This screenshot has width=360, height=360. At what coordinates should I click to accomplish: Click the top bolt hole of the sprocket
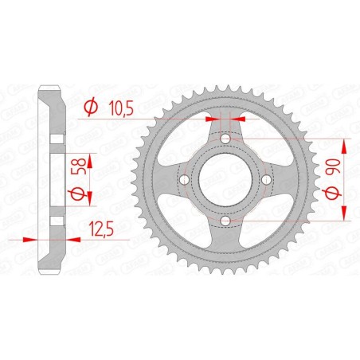pyautogui.click(x=225, y=139)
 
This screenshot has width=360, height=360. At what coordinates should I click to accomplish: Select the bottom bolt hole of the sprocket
pyautogui.click(x=225, y=219)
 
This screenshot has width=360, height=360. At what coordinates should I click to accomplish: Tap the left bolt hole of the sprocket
pyautogui.click(x=186, y=179)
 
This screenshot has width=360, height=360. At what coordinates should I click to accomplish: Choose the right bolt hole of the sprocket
pyautogui.click(x=265, y=179)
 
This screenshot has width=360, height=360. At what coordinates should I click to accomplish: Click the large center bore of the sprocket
pyautogui.click(x=225, y=179)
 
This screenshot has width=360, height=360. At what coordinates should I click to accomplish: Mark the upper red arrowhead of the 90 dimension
pyautogui.click(x=344, y=143)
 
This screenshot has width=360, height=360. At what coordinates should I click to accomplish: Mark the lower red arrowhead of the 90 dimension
pyautogui.click(x=344, y=215)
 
